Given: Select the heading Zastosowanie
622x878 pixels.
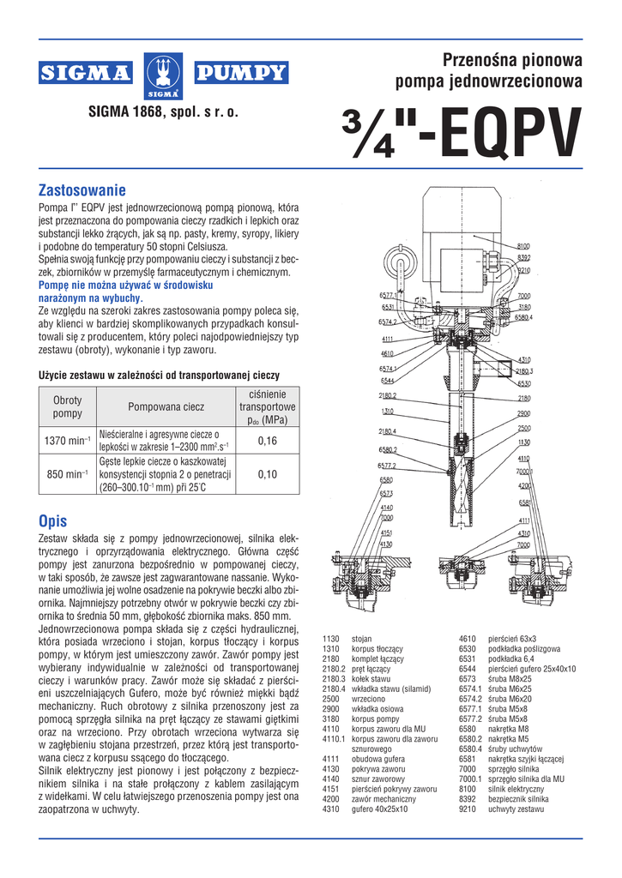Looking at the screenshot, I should point(83,189).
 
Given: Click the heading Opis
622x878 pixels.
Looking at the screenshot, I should point(53,520).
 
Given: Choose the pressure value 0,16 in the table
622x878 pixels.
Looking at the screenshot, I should point(268,441).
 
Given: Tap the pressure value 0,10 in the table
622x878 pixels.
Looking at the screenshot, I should point(268,473).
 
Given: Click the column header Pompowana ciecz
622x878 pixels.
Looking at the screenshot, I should point(166,406).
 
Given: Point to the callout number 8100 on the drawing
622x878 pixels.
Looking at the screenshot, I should point(523,247).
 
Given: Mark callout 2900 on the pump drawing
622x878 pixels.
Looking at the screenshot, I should point(523,413).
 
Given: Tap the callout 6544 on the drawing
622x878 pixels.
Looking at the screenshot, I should point(388,380).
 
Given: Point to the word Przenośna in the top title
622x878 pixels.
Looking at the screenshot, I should point(477,60).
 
